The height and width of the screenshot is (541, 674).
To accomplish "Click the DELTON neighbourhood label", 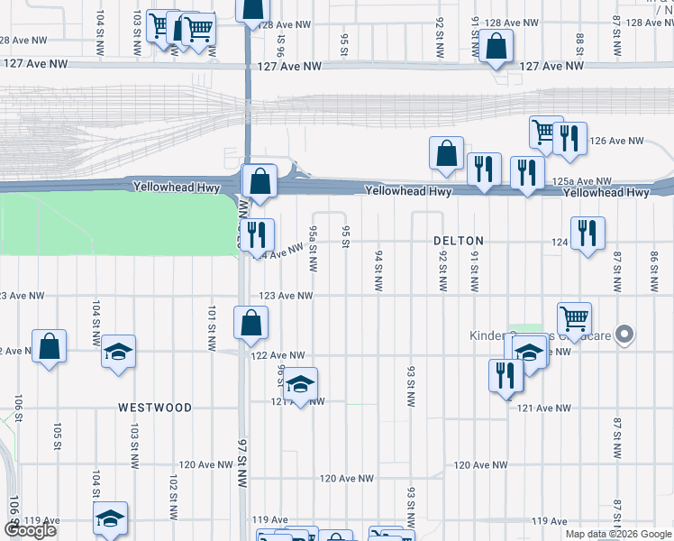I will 459,241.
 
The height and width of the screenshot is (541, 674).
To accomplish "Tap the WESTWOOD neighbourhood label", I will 155,408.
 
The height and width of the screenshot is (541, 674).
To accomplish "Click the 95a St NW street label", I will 313,249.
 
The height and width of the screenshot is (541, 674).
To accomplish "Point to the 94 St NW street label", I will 378,271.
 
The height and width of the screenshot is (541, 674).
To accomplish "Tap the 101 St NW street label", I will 210,322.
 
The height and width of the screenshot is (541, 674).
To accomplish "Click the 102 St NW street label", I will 171,493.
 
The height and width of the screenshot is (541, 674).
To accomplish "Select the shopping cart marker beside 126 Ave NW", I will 545,132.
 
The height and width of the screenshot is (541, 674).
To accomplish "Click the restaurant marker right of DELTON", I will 587,233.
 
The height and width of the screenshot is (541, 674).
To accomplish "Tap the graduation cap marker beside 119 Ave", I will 111,518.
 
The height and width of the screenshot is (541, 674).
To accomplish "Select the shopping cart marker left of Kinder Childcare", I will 574,317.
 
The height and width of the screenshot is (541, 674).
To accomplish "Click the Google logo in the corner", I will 31,530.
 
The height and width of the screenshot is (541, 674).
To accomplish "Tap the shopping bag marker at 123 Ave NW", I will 250,323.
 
